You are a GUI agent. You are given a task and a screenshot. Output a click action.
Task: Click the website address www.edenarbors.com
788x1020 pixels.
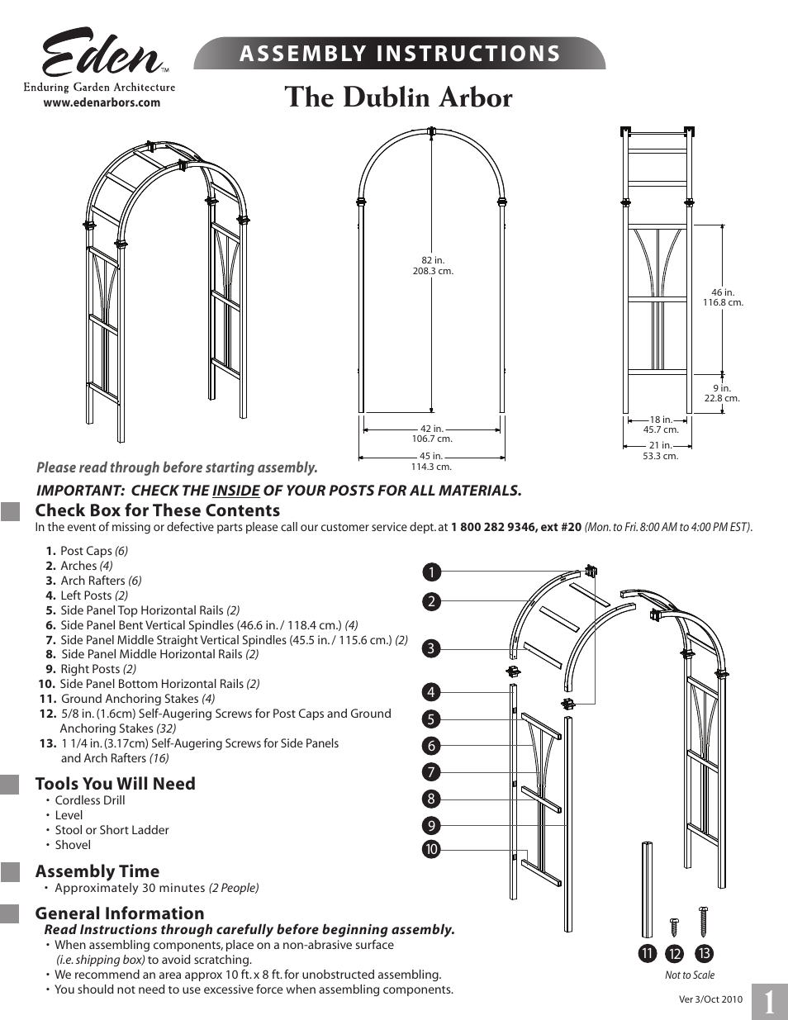click(x=102, y=103)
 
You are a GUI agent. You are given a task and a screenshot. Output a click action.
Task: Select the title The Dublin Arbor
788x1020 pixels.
click(x=398, y=97)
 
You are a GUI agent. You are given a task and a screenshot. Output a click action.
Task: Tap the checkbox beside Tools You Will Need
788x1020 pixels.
click(x=10, y=785)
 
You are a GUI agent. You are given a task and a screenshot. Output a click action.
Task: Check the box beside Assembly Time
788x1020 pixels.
click(x=10, y=872)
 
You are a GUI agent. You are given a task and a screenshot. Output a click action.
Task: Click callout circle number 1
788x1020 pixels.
click(x=430, y=572)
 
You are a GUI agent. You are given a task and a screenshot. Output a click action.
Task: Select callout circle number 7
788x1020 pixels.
click(x=430, y=772)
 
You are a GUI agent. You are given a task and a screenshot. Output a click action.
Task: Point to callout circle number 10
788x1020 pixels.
click(x=430, y=849)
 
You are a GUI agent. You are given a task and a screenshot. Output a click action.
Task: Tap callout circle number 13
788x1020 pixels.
click(x=703, y=954)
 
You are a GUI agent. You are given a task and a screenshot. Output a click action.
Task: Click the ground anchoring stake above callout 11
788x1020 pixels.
click(x=647, y=889)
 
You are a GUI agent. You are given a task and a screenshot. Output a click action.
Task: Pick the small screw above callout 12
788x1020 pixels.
click(x=674, y=925)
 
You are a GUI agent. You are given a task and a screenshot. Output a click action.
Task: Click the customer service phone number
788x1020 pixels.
click(x=516, y=527)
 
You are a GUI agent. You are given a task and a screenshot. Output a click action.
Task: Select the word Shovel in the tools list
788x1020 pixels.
click(x=73, y=845)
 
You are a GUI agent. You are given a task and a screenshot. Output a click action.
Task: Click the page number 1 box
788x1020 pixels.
click(x=769, y=1002)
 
